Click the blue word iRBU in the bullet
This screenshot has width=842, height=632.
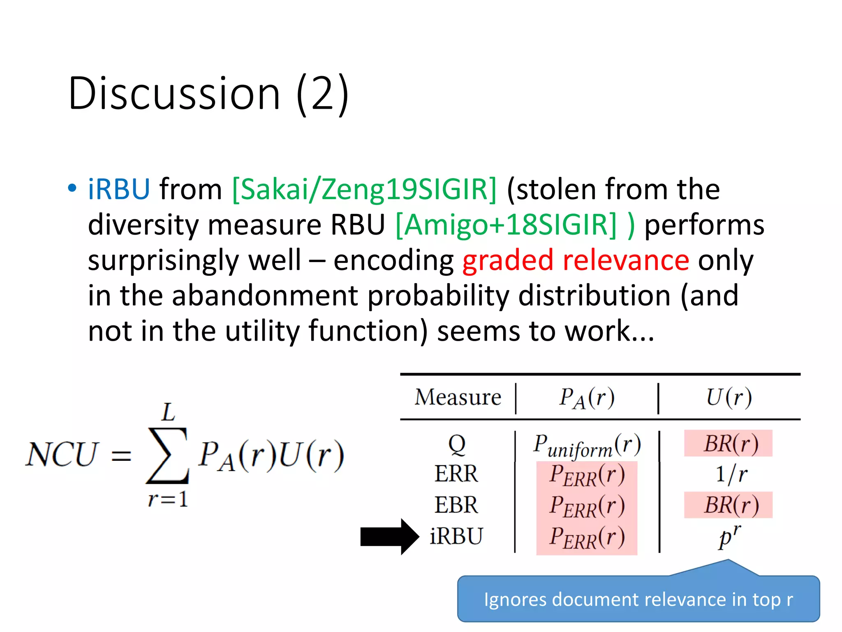pyautogui.click(x=119, y=189)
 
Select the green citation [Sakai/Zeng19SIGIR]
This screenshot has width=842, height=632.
pyautogui.click(x=364, y=189)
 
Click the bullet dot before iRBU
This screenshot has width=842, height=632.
pyautogui.click(x=72, y=188)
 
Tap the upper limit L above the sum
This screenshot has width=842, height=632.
pyautogui.click(x=169, y=412)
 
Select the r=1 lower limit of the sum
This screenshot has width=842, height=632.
pyautogui.click(x=168, y=500)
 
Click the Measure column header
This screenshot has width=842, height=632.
pyautogui.click(x=458, y=397)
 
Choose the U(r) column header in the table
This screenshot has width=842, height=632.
pyautogui.click(x=729, y=397)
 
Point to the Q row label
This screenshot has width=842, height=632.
pyautogui.click(x=457, y=444)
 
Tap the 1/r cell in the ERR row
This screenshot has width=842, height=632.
pyautogui.click(x=731, y=474)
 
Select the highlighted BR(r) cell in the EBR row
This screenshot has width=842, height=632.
pyautogui.click(x=729, y=505)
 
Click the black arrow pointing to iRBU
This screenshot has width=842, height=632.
pyautogui.click(x=389, y=537)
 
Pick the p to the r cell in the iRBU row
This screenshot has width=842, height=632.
pyautogui.click(x=729, y=537)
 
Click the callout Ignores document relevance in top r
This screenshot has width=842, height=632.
pyautogui.click(x=638, y=599)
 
